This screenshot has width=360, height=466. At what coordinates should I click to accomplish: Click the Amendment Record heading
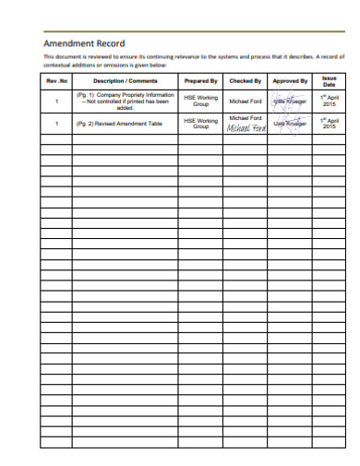click(85, 43)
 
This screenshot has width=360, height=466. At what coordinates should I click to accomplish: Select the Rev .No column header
click(57, 81)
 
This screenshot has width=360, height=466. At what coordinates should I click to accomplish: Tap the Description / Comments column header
click(125, 81)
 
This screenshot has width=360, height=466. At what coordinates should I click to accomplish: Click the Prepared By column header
click(200, 81)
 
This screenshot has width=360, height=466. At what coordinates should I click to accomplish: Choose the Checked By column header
click(246, 81)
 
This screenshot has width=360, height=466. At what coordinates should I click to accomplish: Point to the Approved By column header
click(290, 81)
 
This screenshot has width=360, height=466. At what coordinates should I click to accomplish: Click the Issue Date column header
click(330, 81)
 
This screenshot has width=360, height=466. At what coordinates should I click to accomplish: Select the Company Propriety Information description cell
click(125, 101)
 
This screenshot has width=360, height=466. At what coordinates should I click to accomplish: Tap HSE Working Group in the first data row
click(200, 101)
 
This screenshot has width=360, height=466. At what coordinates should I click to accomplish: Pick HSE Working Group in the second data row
click(200, 123)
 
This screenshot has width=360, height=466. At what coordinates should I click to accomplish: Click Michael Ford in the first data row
click(246, 101)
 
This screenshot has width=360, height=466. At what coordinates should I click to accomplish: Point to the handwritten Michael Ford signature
click(246, 128)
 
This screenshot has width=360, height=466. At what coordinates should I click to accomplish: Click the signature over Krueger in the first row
click(290, 101)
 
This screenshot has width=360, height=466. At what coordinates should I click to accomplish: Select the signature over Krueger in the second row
click(290, 123)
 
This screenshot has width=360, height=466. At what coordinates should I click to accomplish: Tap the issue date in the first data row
click(330, 101)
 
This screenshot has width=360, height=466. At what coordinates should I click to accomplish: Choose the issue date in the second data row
click(330, 123)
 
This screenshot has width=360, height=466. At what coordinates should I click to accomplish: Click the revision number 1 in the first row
click(57, 101)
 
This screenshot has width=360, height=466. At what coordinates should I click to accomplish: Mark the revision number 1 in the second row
click(57, 123)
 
